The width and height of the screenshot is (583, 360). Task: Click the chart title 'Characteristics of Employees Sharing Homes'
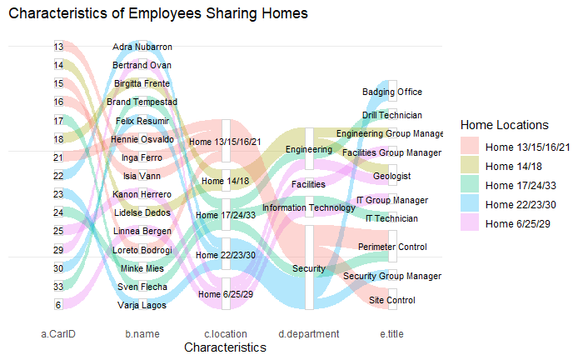tap(158, 14)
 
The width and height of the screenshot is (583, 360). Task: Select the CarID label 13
tap(58, 47)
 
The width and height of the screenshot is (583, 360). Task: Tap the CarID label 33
tap(58, 287)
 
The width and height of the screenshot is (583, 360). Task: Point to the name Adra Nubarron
tap(142, 47)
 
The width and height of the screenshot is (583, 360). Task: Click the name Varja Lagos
tap(142, 305)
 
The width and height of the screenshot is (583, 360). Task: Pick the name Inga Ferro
tap(142, 157)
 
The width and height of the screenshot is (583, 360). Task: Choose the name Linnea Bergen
tap(142, 231)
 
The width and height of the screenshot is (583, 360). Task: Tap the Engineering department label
tap(308, 149)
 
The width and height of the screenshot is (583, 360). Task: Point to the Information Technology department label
tap(308, 207)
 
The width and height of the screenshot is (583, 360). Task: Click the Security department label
tap(308, 268)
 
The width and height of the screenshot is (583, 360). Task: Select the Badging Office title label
tap(392, 92)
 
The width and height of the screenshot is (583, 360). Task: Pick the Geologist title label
tap(392, 177)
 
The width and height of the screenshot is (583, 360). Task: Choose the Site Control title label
tap(391, 300)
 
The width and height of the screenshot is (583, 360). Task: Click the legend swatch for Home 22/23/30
tap(470, 204)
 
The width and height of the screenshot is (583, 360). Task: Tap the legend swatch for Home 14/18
tap(470, 166)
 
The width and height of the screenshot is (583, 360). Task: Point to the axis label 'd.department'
tap(308, 334)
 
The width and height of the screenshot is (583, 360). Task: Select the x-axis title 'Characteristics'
tap(225, 347)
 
